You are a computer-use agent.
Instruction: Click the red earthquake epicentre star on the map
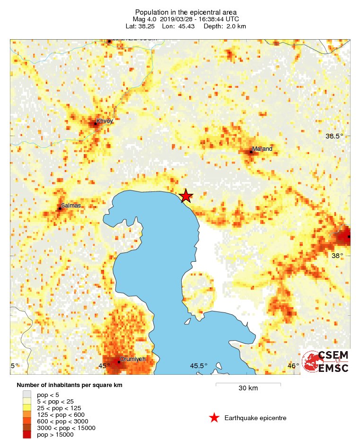click(186, 196)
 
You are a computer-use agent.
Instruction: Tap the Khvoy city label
click(105, 121)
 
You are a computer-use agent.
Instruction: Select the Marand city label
click(262, 149)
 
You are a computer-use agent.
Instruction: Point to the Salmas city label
click(71, 206)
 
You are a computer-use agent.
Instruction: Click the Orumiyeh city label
click(132, 359)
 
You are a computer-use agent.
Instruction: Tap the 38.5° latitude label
click(334, 136)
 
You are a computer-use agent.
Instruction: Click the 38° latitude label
click(337, 256)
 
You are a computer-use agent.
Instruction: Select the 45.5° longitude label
click(199, 366)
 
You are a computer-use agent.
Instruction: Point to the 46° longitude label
click(293, 366)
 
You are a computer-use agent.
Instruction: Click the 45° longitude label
click(104, 366)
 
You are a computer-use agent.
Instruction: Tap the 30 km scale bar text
click(248, 388)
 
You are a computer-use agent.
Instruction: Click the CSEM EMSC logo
click(325, 362)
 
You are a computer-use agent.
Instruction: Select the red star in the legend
click(214, 418)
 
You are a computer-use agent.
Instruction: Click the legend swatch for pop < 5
click(26, 395)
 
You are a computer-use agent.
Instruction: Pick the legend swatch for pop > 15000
click(26, 435)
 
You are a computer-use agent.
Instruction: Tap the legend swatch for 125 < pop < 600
click(26, 414)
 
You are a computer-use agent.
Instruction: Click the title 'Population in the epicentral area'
click(186, 12)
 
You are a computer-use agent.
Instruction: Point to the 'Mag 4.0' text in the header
click(143, 19)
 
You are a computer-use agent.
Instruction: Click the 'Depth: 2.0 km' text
click(223, 26)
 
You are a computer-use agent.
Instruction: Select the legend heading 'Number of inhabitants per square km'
click(70, 385)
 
